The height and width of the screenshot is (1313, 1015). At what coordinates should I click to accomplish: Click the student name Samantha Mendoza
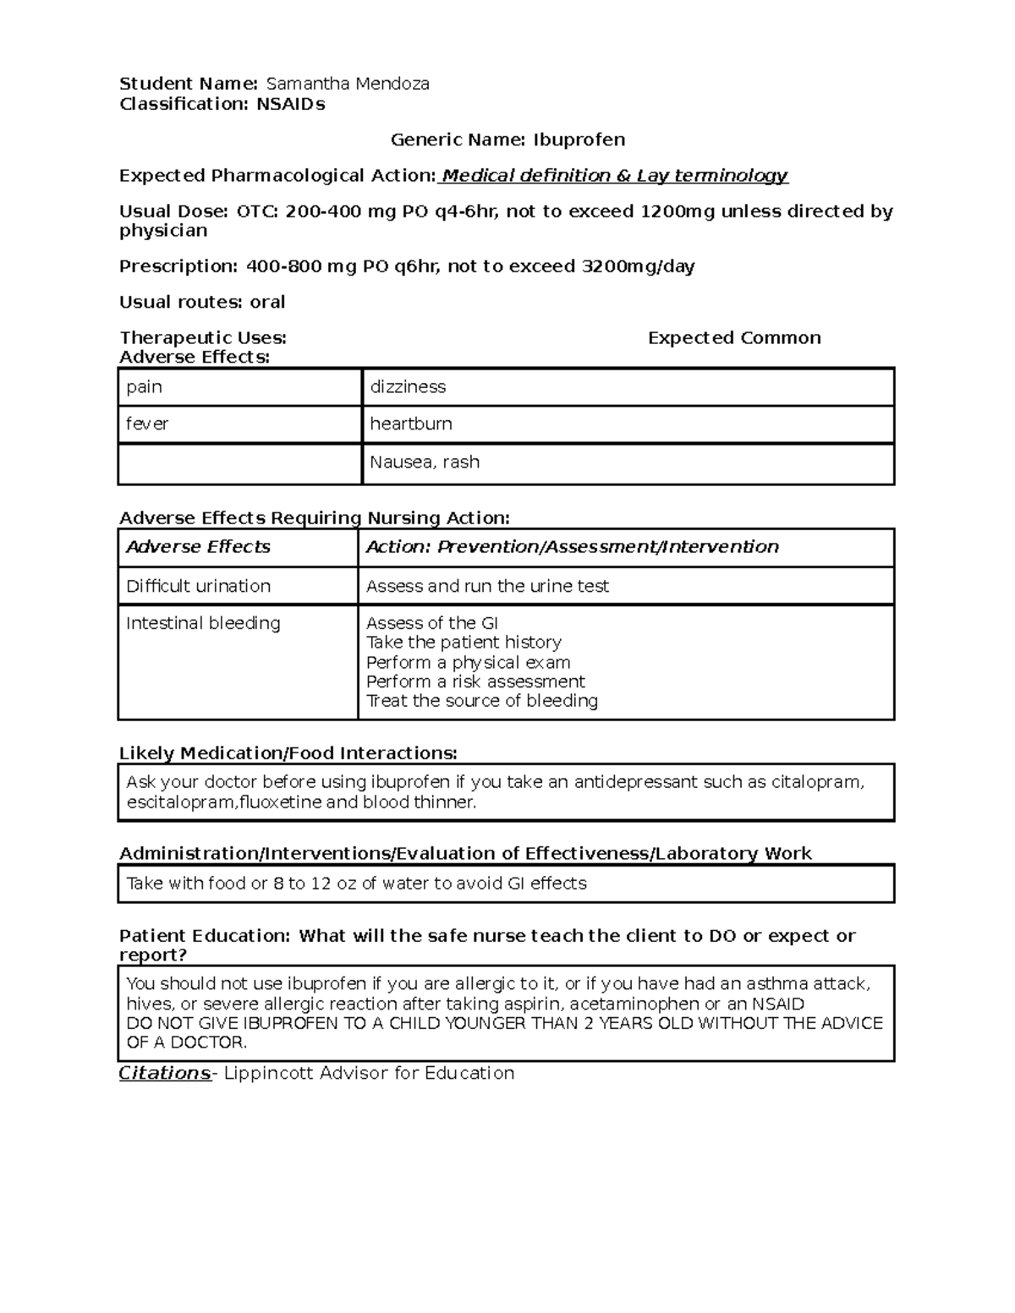point(347,84)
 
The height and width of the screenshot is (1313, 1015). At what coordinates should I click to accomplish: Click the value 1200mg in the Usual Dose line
point(678,211)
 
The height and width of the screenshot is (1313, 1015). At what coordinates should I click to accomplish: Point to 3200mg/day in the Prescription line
point(638,267)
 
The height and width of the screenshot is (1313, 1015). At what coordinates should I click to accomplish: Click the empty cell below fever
point(239,464)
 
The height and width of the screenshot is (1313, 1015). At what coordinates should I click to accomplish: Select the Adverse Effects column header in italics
point(198,547)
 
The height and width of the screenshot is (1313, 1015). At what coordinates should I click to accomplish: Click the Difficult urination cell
point(198,586)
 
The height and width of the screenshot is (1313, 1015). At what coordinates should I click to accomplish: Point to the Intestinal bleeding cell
point(203,623)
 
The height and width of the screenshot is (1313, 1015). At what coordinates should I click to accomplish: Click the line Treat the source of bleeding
point(481,701)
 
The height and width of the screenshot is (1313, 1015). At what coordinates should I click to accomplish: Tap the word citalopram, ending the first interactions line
point(817,782)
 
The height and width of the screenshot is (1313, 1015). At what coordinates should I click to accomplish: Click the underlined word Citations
point(164,1074)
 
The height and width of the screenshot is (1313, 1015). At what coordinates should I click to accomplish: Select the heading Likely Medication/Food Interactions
point(288,753)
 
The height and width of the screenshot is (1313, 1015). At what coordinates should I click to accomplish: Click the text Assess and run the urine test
point(487,586)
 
